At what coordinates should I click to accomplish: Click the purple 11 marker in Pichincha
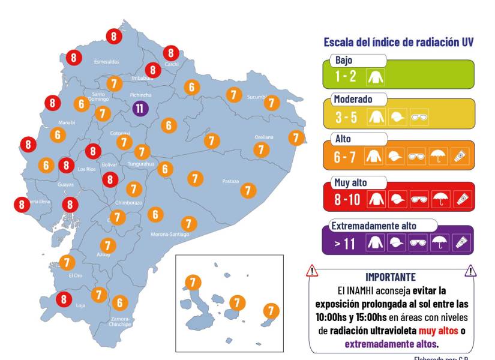pyautogui.click(x=139, y=109)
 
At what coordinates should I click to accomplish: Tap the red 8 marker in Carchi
pyautogui.click(x=172, y=53)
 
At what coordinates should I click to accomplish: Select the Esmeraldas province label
pyautogui.click(x=107, y=62)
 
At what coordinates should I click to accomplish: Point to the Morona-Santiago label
pyautogui.click(x=170, y=234)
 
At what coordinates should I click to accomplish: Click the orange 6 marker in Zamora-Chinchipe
pyautogui.click(x=119, y=303)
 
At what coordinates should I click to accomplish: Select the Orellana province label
pyautogui.click(x=263, y=137)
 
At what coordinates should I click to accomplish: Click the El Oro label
pyautogui.click(x=75, y=275)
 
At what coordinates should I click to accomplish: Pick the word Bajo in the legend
pyautogui.click(x=344, y=61)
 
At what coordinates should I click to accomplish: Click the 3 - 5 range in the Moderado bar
pyautogui.click(x=346, y=116)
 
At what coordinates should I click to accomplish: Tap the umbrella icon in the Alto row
pyautogui.click(x=439, y=157)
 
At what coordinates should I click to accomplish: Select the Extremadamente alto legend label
pyautogui.click(x=375, y=226)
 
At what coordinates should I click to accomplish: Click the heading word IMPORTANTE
pyautogui.click(x=391, y=277)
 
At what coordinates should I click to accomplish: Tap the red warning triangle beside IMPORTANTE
pyautogui.click(x=312, y=271)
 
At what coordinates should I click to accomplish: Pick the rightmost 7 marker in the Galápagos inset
pyautogui.click(x=272, y=311)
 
